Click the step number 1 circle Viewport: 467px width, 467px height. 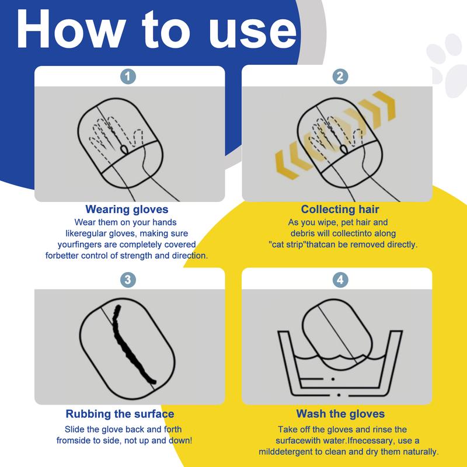point(128,76)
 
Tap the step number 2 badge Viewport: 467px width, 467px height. point(340,76)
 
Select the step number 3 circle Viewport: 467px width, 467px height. point(128,280)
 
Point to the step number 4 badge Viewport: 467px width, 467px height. point(340,280)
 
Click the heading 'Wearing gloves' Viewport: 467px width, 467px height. point(127,210)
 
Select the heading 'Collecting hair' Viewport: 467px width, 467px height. point(340,210)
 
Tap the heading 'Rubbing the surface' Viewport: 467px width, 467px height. point(120,414)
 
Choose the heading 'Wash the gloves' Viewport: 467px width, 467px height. point(340,414)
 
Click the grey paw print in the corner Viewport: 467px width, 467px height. point(448,65)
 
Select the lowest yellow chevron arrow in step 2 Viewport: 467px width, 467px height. point(287,165)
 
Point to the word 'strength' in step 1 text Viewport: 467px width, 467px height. point(136,256)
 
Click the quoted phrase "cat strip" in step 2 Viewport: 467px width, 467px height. point(287,245)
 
